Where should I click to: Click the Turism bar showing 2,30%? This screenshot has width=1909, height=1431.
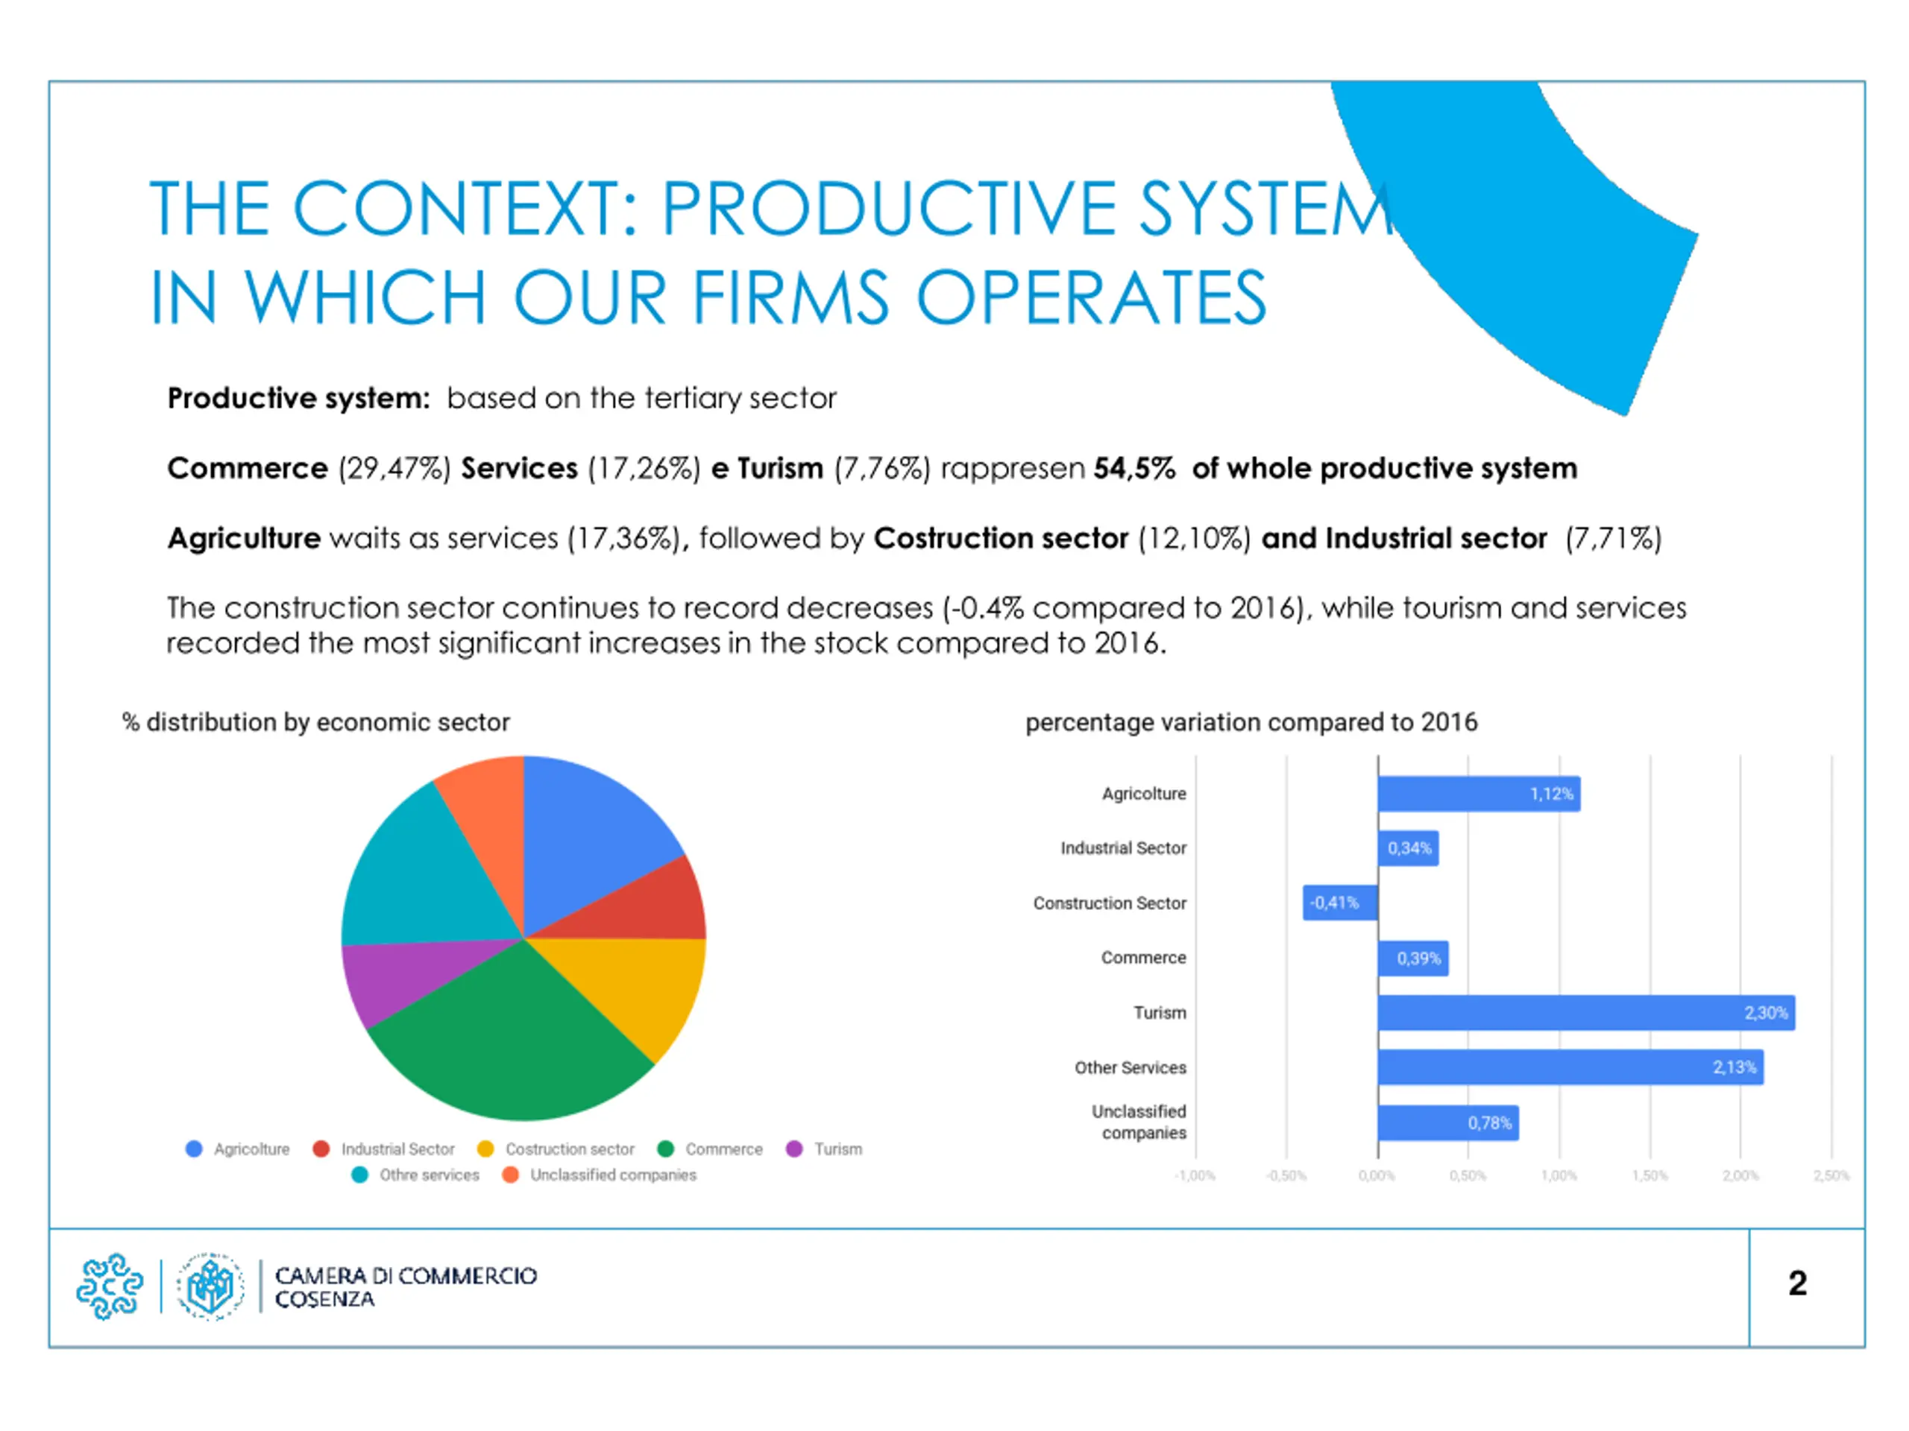pos(1585,1012)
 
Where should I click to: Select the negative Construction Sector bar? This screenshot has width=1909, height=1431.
pos(1339,903)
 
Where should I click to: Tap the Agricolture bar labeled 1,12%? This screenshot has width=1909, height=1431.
pos(1478,793)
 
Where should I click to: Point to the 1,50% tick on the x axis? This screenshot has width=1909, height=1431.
pos(1649,1175)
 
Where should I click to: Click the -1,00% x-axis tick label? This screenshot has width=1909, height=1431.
pos(1195,1175)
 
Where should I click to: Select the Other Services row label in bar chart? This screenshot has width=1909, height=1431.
pos(1130,1067)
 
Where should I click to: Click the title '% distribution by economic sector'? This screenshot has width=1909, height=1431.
pos(316,722)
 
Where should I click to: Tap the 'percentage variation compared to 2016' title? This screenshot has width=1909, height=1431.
pos(1251,722)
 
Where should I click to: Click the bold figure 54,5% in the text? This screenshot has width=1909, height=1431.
pos(1134,468)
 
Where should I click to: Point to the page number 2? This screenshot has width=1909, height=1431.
pos(1797,1283)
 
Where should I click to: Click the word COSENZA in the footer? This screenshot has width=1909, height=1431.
pos(324,1299)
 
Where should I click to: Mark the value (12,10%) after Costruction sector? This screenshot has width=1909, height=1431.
pos(1195,538)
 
